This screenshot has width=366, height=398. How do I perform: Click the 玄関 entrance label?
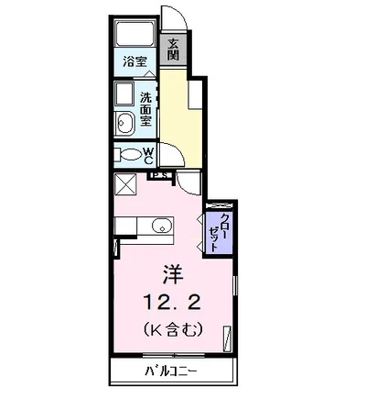tap(173, 50)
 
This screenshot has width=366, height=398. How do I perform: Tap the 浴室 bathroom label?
tap(135, 61)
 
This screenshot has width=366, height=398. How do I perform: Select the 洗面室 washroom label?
tap(145, 110)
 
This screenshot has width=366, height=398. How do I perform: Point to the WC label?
tap(148, 156)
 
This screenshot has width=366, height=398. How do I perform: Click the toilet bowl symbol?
tap(126, 155)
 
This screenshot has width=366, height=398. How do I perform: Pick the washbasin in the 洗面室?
tap(126, 122)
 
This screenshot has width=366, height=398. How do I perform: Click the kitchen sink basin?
tap(161, 226)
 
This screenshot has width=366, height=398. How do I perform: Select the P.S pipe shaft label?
tap(159, 175)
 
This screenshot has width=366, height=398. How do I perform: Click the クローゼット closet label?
tap(220, 232)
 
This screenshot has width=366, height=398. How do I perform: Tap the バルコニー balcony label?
tap(171, 371)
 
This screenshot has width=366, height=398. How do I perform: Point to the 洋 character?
tap(172, 275)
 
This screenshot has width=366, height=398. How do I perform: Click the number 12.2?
tap(172, 304)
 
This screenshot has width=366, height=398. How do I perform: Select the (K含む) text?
tap(172, 329)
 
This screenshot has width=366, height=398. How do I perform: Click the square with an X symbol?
tap(125, 184)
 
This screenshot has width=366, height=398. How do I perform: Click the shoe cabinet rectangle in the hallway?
tap(196, 94)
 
